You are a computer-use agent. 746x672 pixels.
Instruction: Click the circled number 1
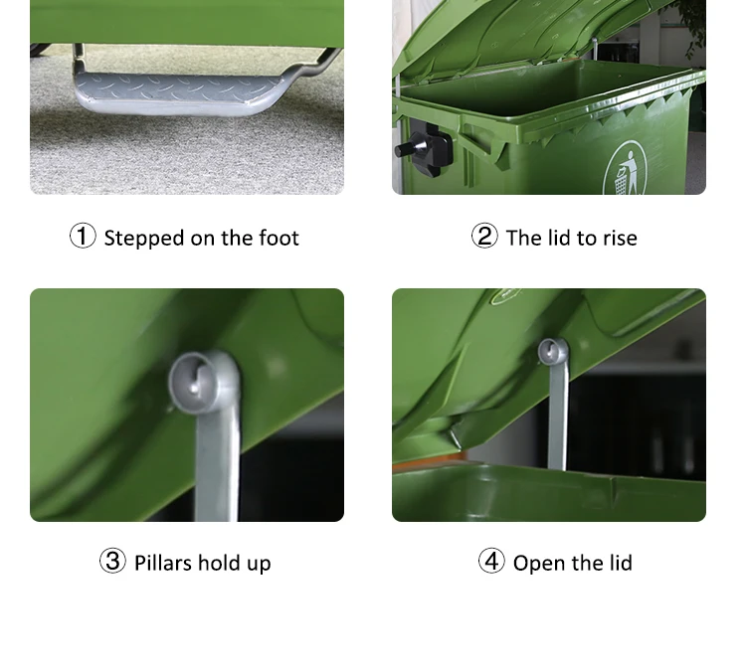coord(83,237)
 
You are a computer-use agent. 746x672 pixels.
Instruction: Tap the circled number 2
coord(484,237)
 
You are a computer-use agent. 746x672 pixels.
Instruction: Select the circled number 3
coord(112,562)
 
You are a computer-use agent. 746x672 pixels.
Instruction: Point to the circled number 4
coord(491,562)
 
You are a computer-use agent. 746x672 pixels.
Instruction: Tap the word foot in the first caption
coord(278,239)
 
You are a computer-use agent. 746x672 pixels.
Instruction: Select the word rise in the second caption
coord(619,239)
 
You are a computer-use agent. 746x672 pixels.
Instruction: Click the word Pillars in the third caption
coord(163,563)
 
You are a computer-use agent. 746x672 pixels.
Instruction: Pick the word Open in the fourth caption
coord(538,564)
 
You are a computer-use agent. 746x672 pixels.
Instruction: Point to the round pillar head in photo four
coord(552,352)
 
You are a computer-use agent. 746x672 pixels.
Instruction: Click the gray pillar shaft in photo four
coord(557,422)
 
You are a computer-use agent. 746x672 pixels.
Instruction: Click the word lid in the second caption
coord(559,239)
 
